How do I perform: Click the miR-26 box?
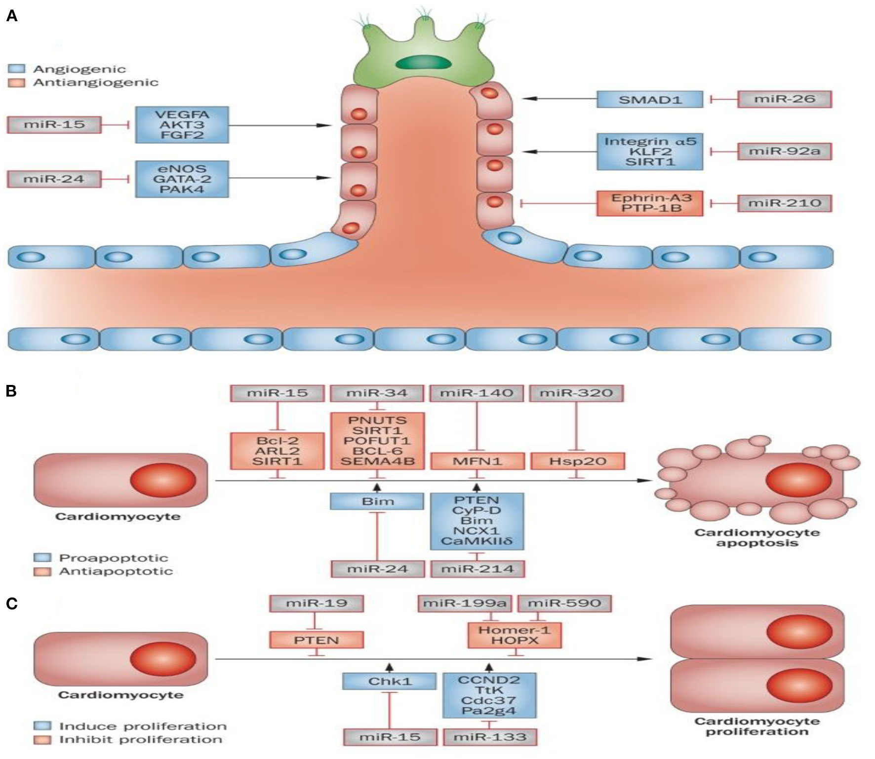click(x=784, y=99)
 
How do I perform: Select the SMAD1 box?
click(x=649, y=99)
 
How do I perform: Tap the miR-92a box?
click(x=784, y=151)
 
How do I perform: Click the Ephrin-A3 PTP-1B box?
click(x=649, y=203)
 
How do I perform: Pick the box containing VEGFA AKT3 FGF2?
click(x=182, y=125)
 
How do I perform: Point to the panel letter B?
click(x=11, y=391)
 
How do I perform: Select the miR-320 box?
click(x=576, y=393)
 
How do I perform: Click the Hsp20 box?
click(x=578, y=461)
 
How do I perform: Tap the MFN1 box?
click(x=477, y=461)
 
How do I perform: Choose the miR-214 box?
click(x=477, y=569)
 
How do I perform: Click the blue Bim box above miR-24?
click(x=377, y=501)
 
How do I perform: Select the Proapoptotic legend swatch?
click(x=42, y=558)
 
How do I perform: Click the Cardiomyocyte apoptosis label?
click(x=756, y=537)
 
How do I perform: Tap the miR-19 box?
click(x=316, y=603)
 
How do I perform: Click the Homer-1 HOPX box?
click(x=514, y=635)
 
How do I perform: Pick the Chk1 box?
click(x=389, y=682)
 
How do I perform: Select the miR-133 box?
click(x=489, y=737)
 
